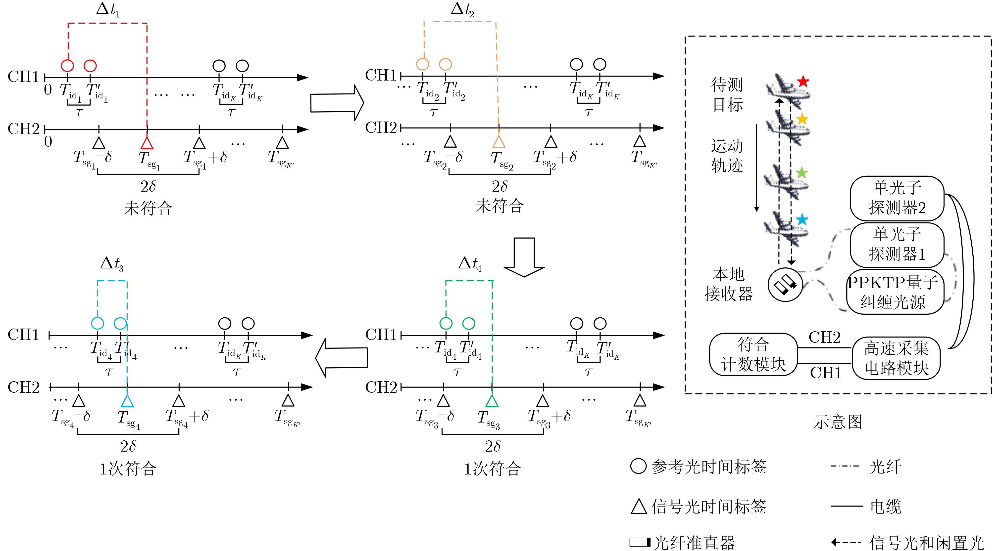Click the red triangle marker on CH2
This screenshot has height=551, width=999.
point(147,143)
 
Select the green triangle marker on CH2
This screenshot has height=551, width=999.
point(492,401)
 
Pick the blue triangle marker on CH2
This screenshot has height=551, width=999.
point(127,401)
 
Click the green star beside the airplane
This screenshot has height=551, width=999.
point(801,173)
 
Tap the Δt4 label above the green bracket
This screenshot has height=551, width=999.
point(470,264)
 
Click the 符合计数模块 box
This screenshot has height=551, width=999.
point(753,354)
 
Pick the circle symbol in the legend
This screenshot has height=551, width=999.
point(638,466)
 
